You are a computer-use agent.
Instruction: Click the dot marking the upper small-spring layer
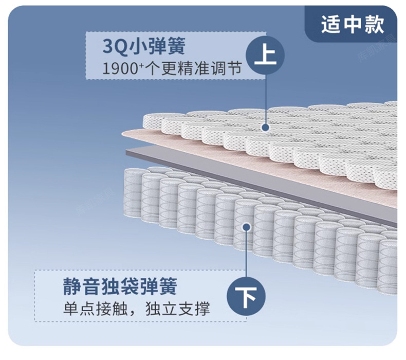point(266,127)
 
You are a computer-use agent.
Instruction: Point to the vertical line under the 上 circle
point(266,98)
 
